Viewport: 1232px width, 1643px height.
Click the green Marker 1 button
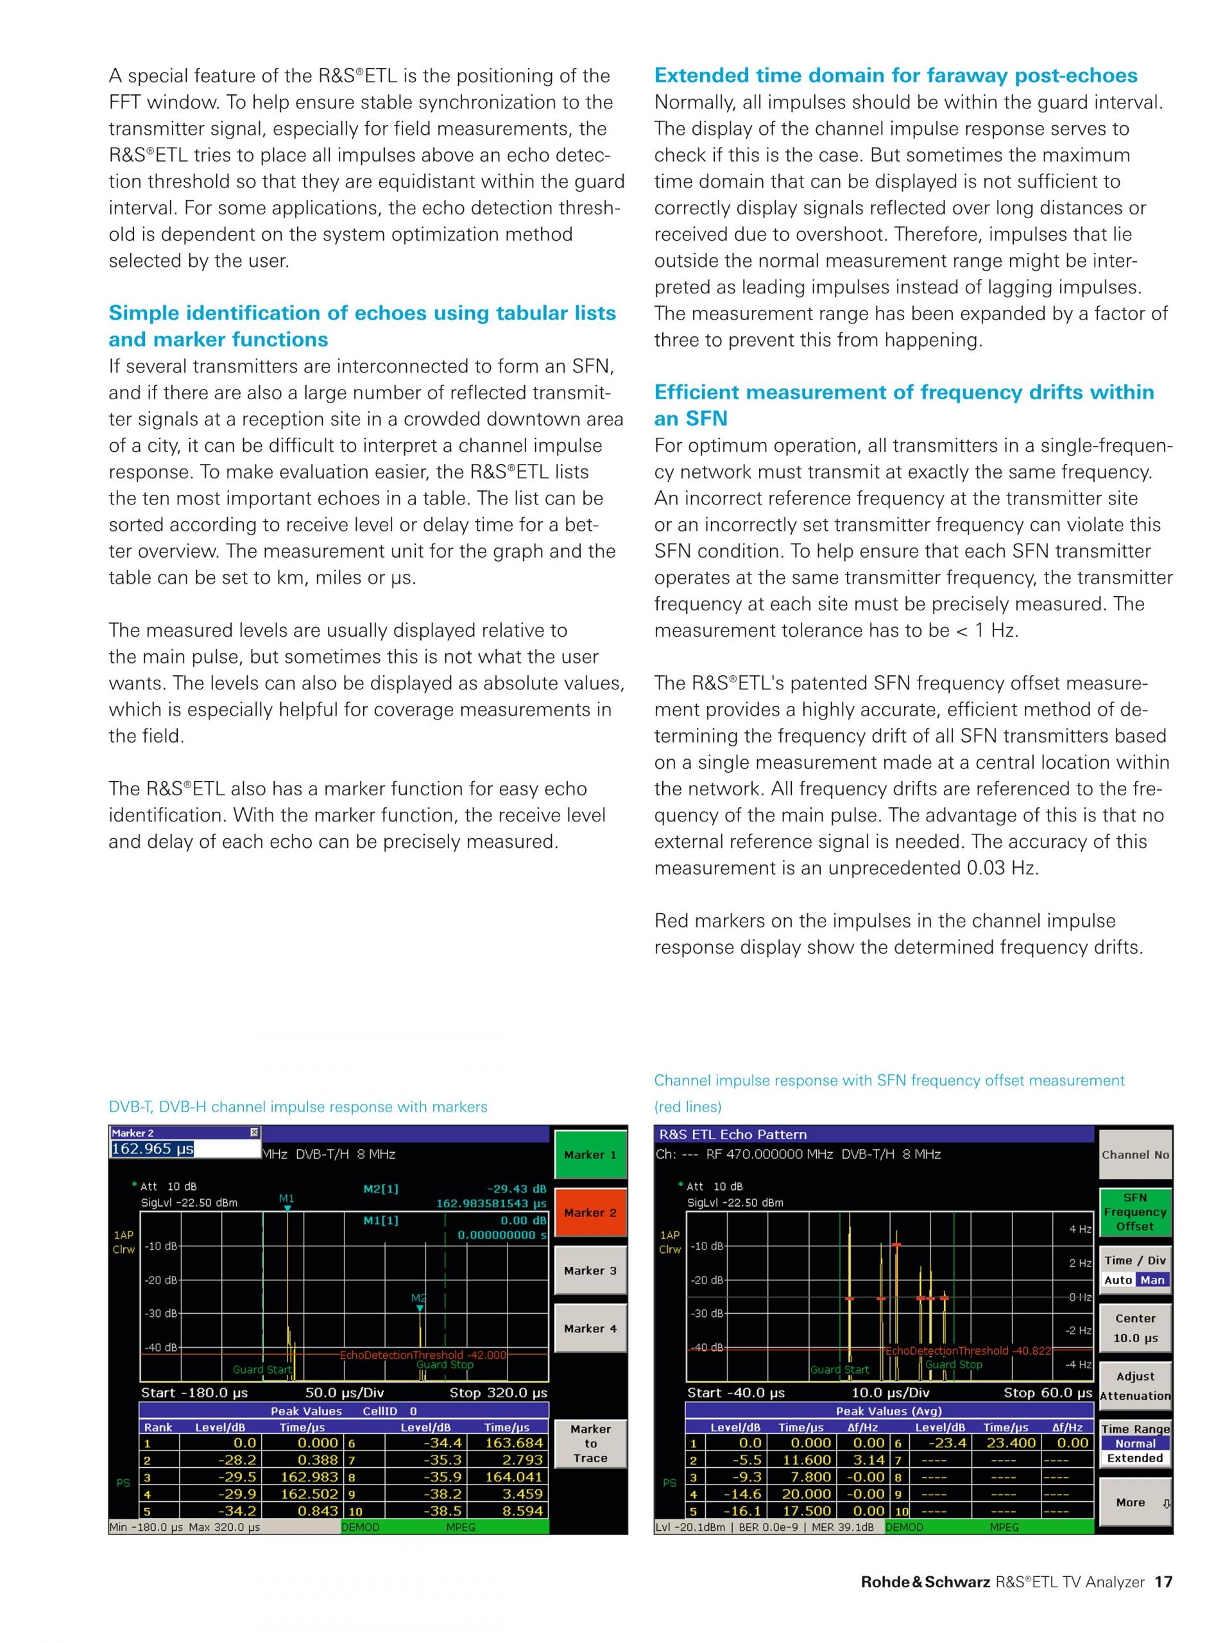tap(590, 1154)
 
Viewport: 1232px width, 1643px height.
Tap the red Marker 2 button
tap(590, 1212)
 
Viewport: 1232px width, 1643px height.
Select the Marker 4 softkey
tap(590, 1328)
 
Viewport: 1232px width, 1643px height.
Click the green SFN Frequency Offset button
tap(1134, 1212)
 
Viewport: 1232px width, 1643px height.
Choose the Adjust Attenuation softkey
tap(1134, 1385)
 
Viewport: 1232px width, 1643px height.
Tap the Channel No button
tap(1134, 1154)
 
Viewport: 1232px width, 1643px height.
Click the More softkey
tap(1134, 1502)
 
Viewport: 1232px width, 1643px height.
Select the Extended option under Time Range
tap(1134, 1458)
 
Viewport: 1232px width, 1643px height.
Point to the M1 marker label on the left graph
tap(287, 1198)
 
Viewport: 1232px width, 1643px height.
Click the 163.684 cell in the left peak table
tap(514, 1443)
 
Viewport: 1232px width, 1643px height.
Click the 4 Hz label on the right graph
tap(1080, 1229)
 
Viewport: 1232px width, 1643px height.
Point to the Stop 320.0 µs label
tap(499, 1393)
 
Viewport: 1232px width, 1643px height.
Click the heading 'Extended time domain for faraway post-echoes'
tap(896, 75)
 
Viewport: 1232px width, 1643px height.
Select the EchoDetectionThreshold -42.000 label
tap(423, 1355)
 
